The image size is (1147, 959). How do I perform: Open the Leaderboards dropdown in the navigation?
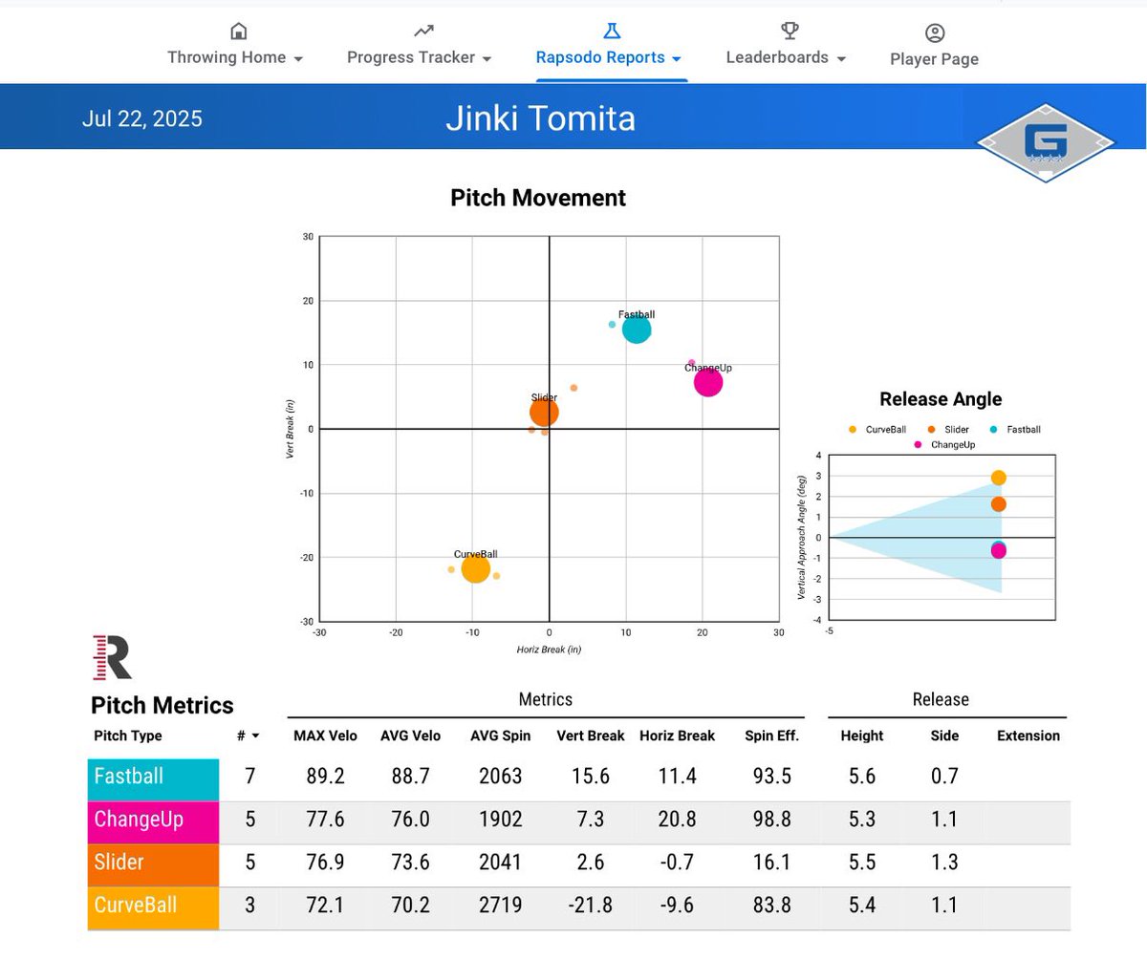tap(786, 57)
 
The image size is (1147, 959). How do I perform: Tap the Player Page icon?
tap(935, 33)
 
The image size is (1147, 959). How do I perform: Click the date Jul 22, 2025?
tap(141, 119)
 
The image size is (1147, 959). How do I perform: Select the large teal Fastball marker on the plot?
tap(637, 330)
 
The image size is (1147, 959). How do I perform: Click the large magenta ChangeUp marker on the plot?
tap(707, 382)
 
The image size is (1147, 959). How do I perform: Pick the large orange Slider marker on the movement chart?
tap(544, 413)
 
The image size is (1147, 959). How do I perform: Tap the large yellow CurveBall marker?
tap(475, 569)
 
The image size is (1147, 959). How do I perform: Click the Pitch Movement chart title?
tap(538, 198)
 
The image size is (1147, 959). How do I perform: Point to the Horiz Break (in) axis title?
tap(549, 650)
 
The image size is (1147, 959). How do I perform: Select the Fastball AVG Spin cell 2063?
tap(501, 777)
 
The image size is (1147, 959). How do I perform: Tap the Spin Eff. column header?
tap(771, 735)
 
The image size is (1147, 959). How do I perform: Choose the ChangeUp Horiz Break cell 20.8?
tap(677, 820)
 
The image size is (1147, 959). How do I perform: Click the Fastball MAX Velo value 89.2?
tap(325, 777)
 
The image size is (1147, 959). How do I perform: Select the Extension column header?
tap(1028, 735)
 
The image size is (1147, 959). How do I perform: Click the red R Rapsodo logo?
tap(112, 657)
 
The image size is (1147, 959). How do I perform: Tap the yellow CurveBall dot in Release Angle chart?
tap(998, 478)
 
